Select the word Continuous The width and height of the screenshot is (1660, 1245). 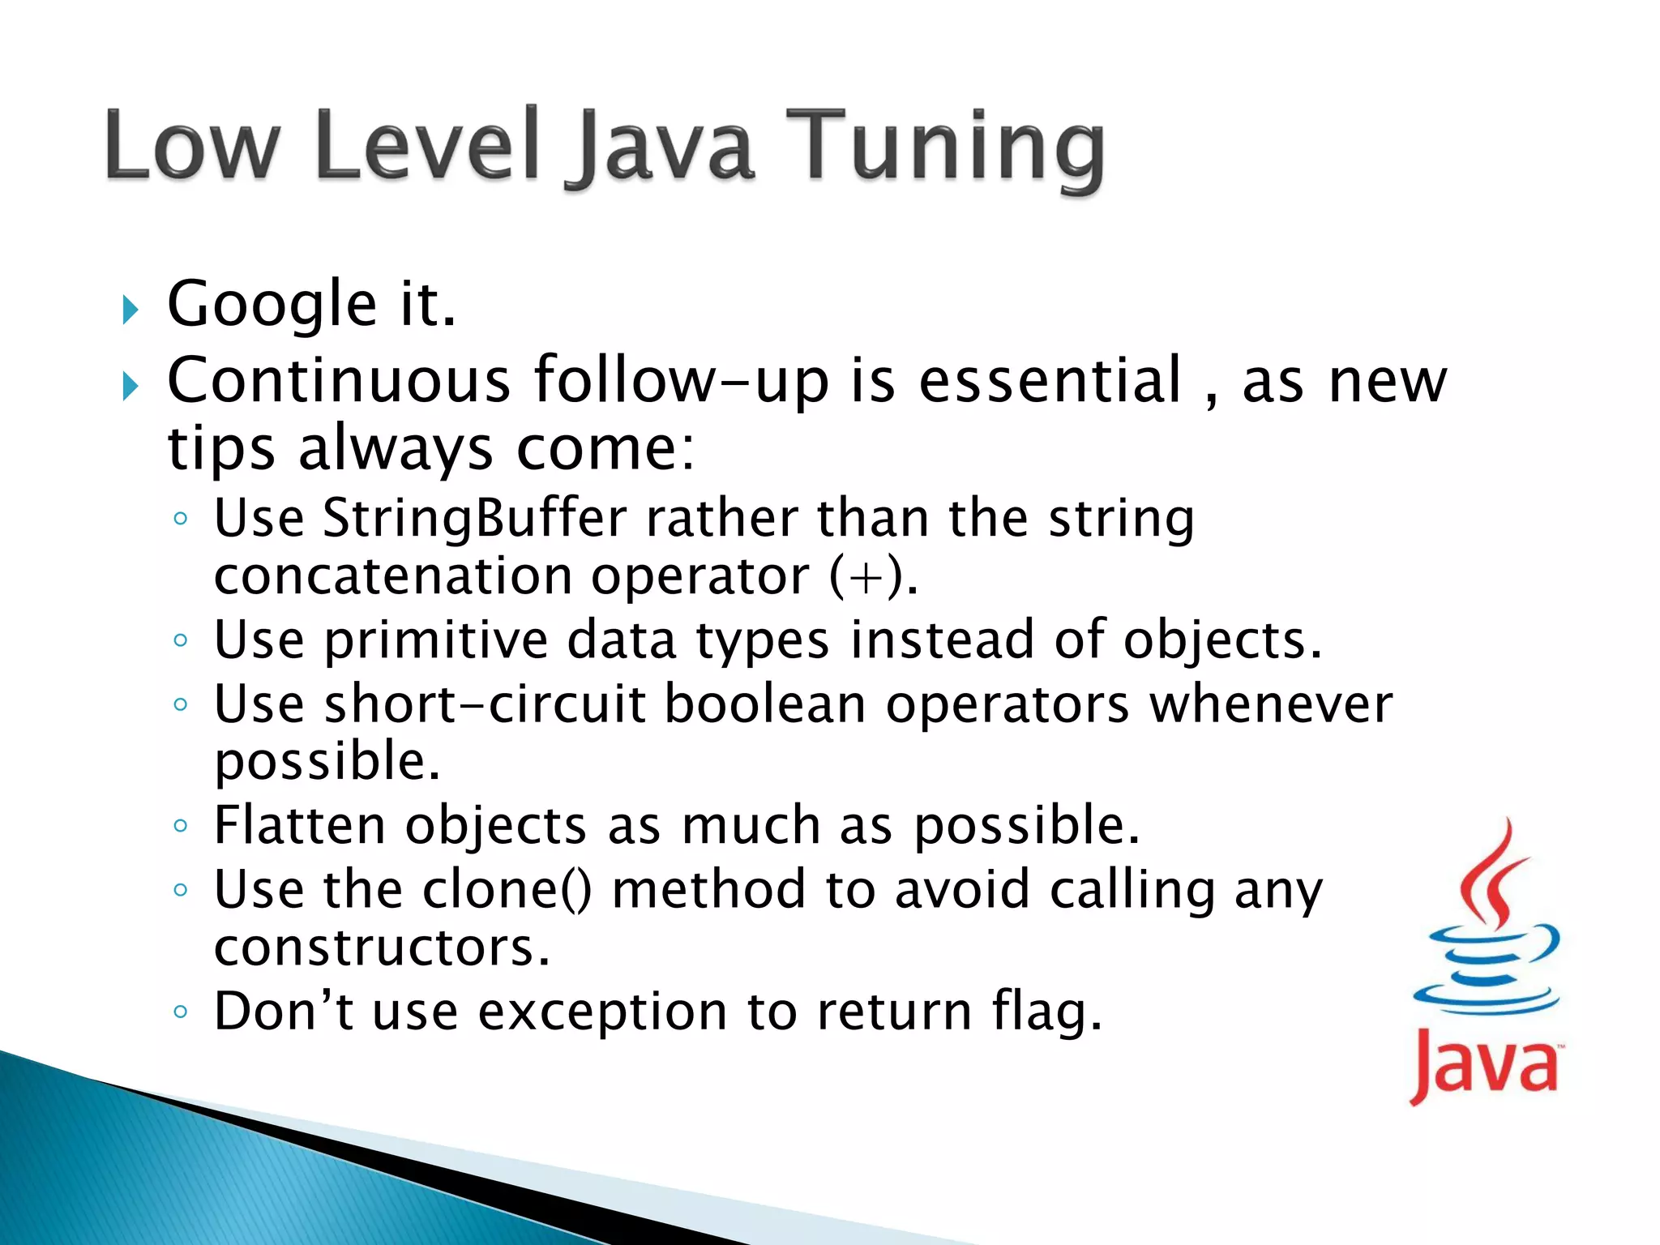click(339, 380)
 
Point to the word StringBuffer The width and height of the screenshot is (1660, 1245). click(475, 518)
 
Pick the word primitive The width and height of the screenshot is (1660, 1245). click(437, 640)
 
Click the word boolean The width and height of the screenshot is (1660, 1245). click(766, 704)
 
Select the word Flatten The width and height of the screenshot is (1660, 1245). click(299, 825)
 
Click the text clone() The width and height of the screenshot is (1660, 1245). click(507, 889)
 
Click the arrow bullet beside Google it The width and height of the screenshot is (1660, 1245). click(130, 310)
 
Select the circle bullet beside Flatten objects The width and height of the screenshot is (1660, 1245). click(181, 826)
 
